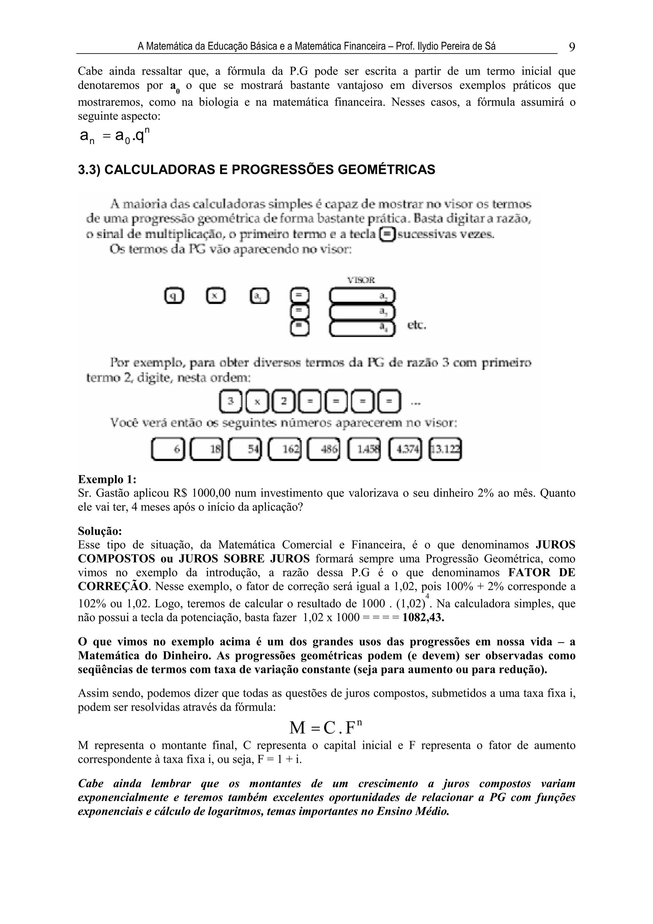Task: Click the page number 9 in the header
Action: tap(572, 47)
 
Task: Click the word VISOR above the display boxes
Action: tap(361, 280)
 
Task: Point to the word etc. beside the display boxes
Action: tap(416, 325)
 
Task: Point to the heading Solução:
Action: tap(100, 531)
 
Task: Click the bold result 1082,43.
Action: tap(423, 617)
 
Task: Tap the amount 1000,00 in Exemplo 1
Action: tap(211, 493)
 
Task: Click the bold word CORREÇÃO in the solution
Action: tap(113, 586)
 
